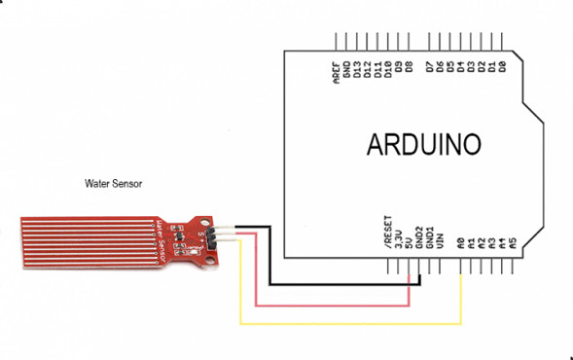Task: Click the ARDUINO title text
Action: click(423, 144)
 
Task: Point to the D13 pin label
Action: click(358, 72)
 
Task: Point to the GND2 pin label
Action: click(419, 237)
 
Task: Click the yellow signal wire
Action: click(350, 321)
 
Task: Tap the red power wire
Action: click(331, 303)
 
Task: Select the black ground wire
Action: click(340, 285)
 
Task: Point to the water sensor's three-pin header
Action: click(216, 233)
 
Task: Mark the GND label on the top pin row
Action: click(347, 72)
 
